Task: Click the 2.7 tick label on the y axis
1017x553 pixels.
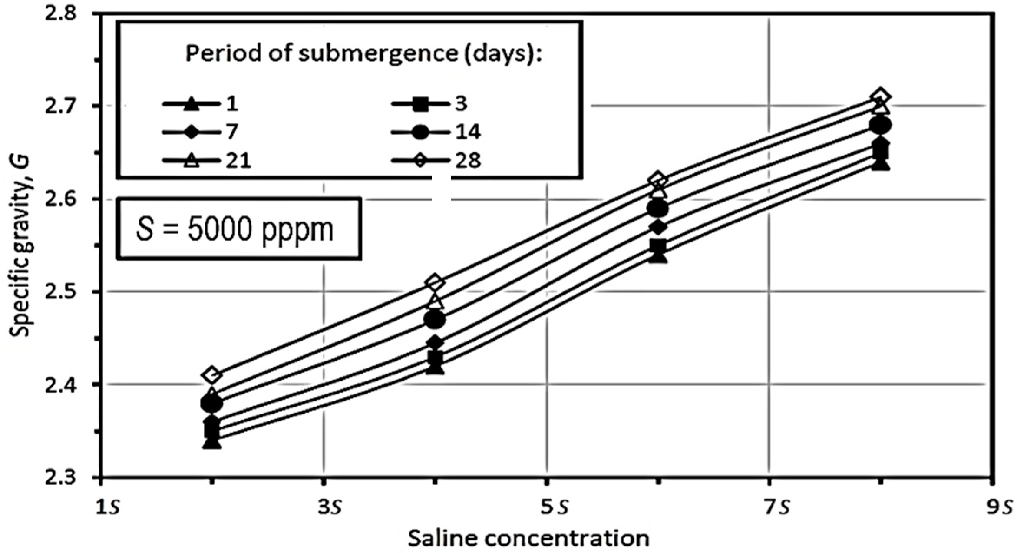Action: click(61, 106)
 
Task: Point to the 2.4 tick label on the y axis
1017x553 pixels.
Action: click(61, 384)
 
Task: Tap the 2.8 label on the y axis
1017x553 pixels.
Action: click(61, 13)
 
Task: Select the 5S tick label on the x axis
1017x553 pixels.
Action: click(555, 507)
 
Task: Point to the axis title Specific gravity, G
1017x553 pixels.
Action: click(20, 246)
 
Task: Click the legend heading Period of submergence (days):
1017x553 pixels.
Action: click(364, 53)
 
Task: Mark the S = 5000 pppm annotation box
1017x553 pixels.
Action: click(238, 229)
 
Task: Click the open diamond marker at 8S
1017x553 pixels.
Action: click(880, 96)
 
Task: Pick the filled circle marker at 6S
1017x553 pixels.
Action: click(658, 209)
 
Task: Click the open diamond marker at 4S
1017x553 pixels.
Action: click(435, 283)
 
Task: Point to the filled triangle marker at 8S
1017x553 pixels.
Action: click(880, 164)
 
